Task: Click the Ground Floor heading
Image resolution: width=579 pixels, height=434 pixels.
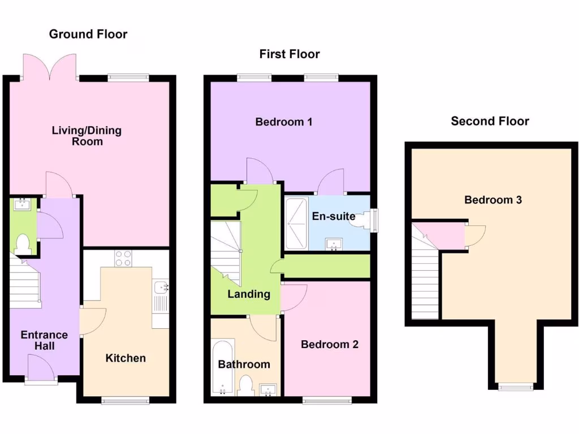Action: coord(88,34)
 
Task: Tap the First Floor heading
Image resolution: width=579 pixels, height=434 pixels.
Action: coord(289,54)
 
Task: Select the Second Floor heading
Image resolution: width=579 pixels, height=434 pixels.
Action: coord(490,121)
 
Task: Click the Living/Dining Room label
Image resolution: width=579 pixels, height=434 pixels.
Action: coord(87,136)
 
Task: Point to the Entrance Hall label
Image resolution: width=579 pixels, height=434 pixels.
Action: coord(44,340)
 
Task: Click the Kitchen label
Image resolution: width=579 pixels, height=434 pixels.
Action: coord(126,358)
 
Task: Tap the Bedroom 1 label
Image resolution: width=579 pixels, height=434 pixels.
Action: coord(284,121)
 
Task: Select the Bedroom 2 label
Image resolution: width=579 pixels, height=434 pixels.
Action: coord(330,344)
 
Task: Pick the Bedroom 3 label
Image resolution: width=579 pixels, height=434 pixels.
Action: coord(492,199)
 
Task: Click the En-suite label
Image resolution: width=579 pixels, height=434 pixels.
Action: coord(334,216)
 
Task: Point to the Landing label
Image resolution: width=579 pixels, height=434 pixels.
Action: coord(249,294)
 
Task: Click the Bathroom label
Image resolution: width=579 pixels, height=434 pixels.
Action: coord(244,364)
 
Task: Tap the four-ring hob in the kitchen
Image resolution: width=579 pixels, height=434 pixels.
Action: coord(123,258)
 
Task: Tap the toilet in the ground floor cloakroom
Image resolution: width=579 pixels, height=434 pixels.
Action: coord(23,244)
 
